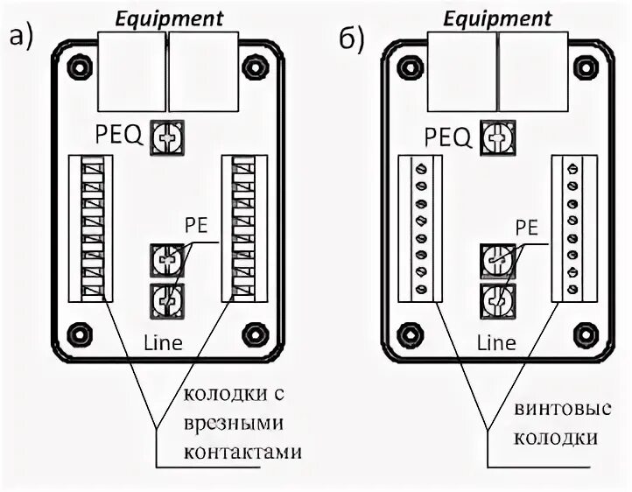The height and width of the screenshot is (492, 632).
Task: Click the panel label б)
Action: coord(351,40)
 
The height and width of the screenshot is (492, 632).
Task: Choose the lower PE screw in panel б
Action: coord(496,299)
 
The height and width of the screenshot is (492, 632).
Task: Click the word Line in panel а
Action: coord(164,342)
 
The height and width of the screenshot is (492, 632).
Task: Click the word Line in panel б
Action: coord(495,342)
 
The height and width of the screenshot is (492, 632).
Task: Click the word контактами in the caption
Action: coord(242,453)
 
